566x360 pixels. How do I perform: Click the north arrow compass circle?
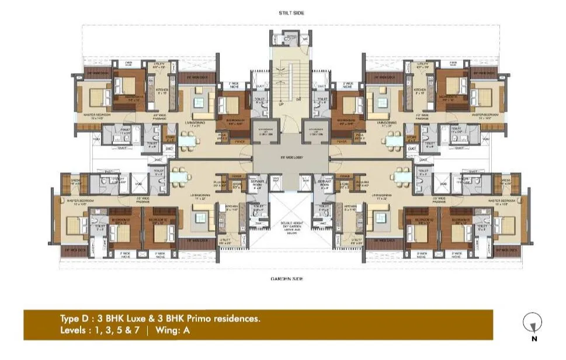(533, 321)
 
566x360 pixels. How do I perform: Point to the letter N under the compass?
(533, 338)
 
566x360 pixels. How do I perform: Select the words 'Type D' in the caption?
(75, 319)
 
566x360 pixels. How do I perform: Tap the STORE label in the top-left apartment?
(170, 138)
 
